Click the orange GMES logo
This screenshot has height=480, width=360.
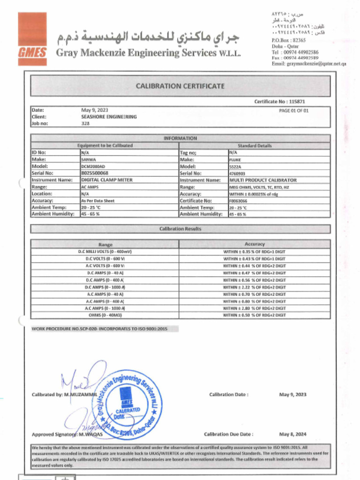tap(32, 36)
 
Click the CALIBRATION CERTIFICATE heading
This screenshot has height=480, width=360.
tap(180, 86)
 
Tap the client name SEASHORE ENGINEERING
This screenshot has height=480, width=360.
tap(109, 117)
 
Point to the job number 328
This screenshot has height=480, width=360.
tap(85, 124)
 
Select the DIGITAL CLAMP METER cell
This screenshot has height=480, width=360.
tap(107, 180)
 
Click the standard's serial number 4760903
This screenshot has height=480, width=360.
tap(237, 173)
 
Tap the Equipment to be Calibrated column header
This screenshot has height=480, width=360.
tap(105, 146)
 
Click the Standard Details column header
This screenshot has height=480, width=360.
tap(255, 146)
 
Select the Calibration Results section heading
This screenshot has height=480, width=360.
tap(180, 229)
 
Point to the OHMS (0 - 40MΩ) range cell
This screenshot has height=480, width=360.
tap(105, 315)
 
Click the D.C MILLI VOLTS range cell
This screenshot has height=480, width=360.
tap(105, 252)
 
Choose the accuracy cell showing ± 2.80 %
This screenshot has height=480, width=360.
tap(255, 308)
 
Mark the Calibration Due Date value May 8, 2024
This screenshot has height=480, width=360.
tap(293, 434)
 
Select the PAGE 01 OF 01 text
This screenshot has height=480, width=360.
tap(293, 111)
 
